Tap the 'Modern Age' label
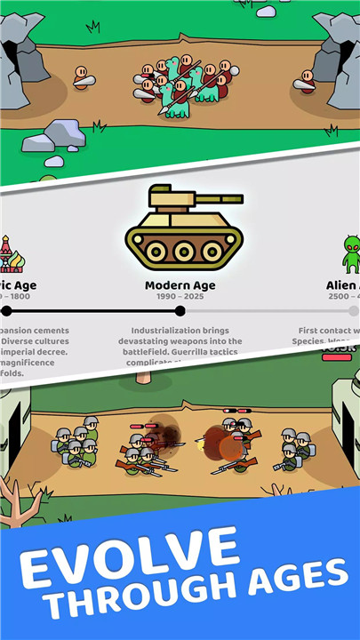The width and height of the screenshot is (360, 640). point(180,286)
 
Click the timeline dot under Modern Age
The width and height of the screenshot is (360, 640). point(180,311)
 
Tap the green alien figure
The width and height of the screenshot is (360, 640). point(351,253)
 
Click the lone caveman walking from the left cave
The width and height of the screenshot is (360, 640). point(82,77)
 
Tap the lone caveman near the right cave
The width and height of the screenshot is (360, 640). point(307,81)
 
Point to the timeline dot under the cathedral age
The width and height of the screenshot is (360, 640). point(7,311)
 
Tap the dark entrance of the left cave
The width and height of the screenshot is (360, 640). point(11,62)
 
